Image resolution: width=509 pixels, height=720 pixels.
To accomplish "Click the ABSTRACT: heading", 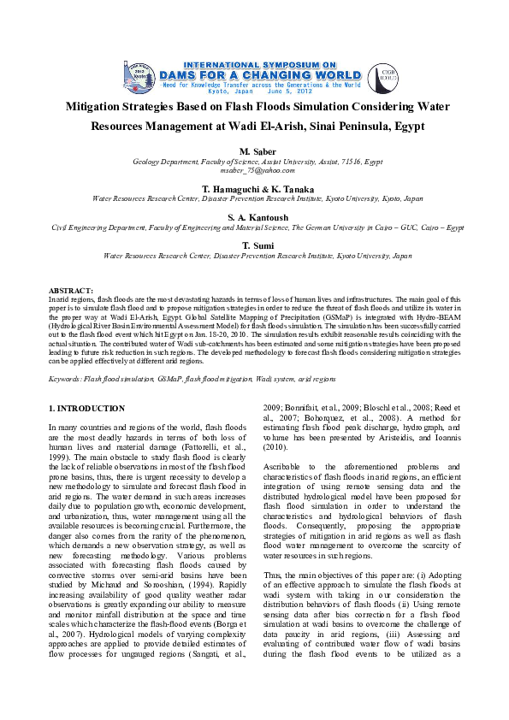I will coord(71,292).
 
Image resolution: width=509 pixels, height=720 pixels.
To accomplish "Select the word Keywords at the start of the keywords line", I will coord(66,378).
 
